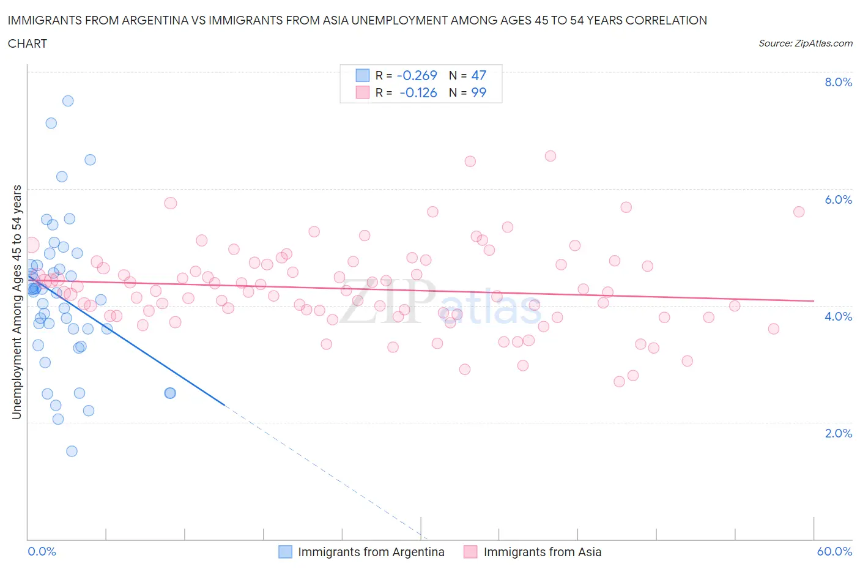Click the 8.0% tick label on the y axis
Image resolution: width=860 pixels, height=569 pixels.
[838, 83]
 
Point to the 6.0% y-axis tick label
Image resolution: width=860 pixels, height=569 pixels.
[838, 199]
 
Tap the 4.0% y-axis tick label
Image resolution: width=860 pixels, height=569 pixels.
[838, 316]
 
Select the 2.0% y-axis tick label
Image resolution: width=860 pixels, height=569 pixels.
[838, 433]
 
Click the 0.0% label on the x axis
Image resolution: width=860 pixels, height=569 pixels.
[42, 551]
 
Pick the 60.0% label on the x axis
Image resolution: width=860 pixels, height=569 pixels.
[834, 551]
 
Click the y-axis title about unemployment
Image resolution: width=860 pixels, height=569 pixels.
[17, 302]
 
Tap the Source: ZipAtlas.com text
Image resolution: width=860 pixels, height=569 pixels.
[805, 43]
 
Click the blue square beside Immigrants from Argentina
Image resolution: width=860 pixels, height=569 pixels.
[285, 552]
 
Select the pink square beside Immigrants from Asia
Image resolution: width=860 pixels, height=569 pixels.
[470, 552]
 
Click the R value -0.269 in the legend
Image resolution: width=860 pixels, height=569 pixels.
[417, 75]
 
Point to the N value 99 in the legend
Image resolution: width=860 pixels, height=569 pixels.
[478, 92]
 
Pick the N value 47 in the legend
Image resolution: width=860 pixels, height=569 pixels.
[478, 75]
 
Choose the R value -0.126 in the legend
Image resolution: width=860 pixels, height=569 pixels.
[418, 92]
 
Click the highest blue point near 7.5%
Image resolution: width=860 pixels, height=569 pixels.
[68, 101]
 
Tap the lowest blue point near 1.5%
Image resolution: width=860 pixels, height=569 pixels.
[72, 452]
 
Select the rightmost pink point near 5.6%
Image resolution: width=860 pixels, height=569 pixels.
[799, 212]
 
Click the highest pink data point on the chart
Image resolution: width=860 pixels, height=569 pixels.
[550, 156]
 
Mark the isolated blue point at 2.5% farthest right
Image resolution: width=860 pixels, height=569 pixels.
[171, 393]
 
